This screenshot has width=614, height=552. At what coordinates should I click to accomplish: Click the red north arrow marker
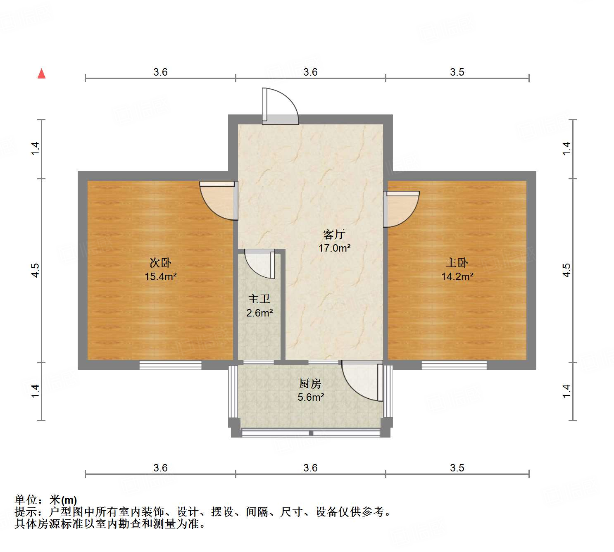41,74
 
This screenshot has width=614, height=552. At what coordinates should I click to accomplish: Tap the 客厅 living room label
334,235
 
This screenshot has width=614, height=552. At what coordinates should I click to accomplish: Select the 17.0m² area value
334,248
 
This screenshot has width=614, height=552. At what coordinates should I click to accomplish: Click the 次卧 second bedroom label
160,263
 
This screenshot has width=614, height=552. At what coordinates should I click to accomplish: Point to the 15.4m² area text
160,276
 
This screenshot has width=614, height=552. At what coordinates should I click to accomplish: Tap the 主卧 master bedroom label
457,263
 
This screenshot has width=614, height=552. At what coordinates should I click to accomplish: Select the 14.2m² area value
457,276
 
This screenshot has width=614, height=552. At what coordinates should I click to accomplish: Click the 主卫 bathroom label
259,299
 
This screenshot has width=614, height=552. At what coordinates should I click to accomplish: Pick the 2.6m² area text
259,313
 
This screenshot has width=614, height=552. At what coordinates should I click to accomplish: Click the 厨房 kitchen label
310,384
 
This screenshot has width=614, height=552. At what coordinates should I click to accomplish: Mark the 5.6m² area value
310,397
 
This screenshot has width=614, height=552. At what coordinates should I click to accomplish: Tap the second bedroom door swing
218,200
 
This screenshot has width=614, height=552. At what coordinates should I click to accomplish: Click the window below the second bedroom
170,365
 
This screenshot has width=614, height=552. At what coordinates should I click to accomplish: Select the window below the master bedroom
454,365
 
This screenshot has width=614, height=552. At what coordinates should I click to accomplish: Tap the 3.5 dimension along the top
457,72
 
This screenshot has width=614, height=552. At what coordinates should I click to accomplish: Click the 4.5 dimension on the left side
36,270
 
